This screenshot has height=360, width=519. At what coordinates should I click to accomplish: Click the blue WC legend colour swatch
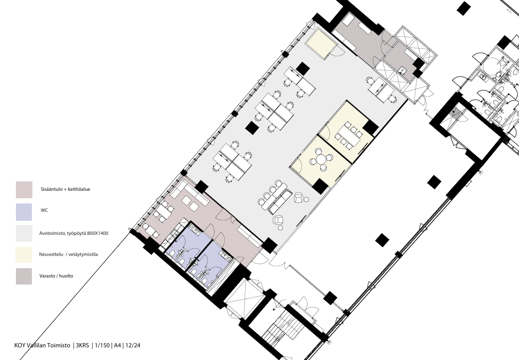(24, 212)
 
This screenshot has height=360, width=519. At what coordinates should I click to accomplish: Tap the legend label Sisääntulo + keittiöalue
(65, 189)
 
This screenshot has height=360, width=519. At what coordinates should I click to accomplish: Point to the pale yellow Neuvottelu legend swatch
(24, 255)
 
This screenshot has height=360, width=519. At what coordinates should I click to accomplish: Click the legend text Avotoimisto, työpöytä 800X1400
(74, 233)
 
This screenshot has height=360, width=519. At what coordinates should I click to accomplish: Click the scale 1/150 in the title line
(102, 345)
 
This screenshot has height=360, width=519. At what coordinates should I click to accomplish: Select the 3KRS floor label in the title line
(83, 345)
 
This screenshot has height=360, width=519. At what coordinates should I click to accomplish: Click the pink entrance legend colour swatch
(24, 189)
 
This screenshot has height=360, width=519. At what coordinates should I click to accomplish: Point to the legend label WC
(45, 210)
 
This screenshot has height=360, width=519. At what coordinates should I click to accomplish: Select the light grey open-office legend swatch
(24, 233)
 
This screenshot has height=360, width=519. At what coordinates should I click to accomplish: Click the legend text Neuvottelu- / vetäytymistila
(68, 255)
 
